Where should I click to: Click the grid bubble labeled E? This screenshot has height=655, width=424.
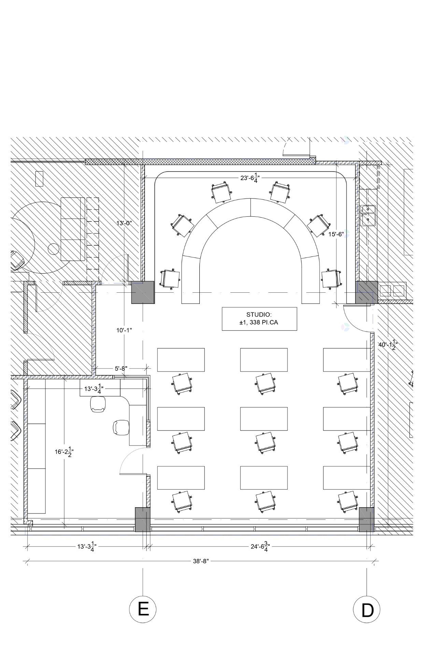[x=143, y=609]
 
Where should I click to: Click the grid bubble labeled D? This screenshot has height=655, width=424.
[x=367, y=609]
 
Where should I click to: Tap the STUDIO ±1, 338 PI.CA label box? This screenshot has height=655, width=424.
[x=259, y=319]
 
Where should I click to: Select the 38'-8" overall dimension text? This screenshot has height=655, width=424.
[x=200, y=561]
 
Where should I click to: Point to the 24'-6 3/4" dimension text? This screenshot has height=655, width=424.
[x=260, y=547]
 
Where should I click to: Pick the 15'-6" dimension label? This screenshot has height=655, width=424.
[x=336, y=234]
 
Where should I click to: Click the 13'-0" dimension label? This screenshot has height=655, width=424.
[x=124, y=223]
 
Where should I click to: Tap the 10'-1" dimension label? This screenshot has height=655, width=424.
[x=124, y=330]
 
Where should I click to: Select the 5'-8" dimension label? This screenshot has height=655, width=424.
[x=121, y=368]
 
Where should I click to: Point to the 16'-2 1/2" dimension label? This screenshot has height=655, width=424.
[x=64, y=452]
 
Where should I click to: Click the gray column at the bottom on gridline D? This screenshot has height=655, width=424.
[x=366, y=519]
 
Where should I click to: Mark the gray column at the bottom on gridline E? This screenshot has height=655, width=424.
[x=142, y=519]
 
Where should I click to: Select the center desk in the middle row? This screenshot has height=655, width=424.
[x=264, y=419]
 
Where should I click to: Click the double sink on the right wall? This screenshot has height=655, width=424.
[x=368, y=215]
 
